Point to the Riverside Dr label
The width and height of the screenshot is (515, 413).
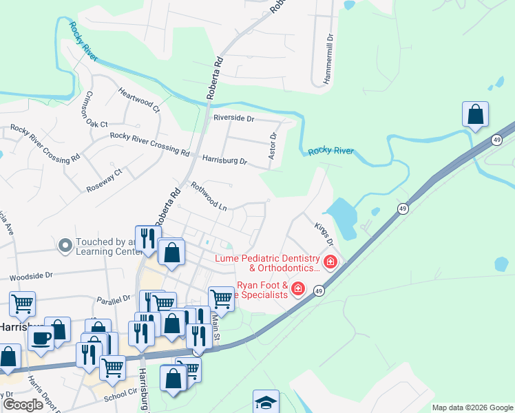pos(233,118)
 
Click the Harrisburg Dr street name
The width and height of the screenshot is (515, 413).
pos(224,160)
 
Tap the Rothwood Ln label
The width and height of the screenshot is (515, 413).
pos(209,195)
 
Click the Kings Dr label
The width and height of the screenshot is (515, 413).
pos(324,233)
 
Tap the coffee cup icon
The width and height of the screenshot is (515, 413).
pos(41,339)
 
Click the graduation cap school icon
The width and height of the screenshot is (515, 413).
pos(266,402)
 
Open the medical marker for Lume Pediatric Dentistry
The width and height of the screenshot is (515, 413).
pos(330,262)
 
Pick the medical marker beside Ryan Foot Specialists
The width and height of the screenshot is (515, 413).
pos(298,288)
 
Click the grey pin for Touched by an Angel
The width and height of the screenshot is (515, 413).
pos(65,246)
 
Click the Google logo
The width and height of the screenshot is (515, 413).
pos(23,405)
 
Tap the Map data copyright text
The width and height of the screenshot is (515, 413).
pos(472,407)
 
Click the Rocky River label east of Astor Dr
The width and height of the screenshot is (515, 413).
pos(330,151)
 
